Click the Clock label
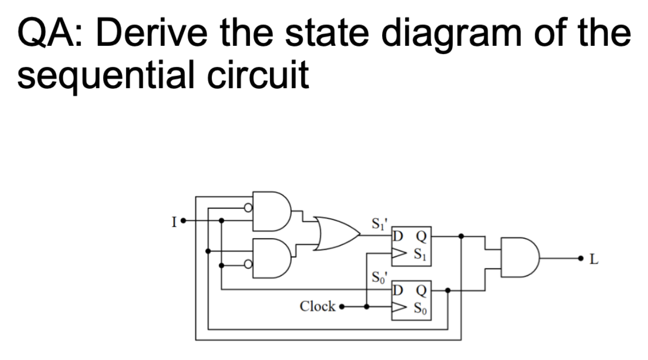tap(317, 307)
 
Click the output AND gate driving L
tap(519, 258)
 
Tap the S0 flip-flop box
tap(412, 299)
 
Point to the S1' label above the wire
tap(379, 223)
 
